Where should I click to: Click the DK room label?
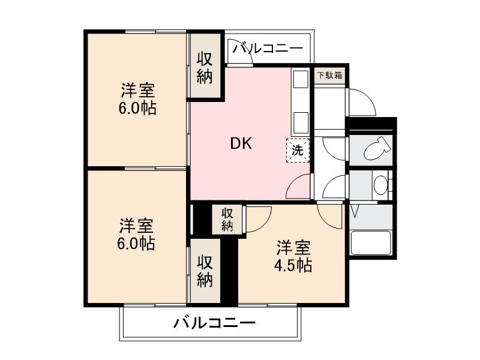pyautogui.click(x=241, y=144)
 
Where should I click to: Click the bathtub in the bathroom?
pyautogui.click(x=370, y=244)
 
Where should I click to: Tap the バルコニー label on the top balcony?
pyautogui.click(x=268, y=48)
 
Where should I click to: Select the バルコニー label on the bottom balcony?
pyautogui.click(x=214, y=323)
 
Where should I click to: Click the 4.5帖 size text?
pyautogui.click(x=293, y=266)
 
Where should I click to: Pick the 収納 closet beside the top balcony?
pyautogui.click(x=205, y=67)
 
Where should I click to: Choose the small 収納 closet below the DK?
pyautogui.click(x=227, y=219)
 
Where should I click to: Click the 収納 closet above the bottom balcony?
pyautogui.click(x=205, y=271)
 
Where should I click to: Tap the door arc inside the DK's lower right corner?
pyautogui.click(x=299, y=187)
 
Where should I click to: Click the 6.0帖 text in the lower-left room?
pyautogui.click(x=136, y=244)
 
